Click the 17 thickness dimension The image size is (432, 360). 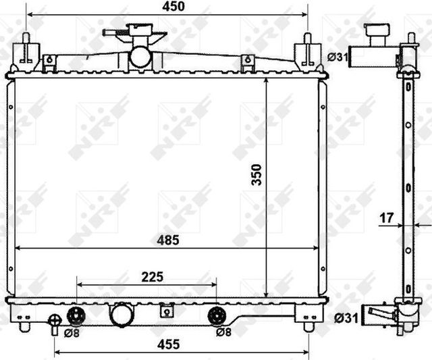(x=386, y=217)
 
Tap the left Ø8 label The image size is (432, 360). (x=72, y=332)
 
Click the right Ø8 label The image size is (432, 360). (x=225, y=332)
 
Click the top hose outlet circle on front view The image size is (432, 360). (x=140, y=56)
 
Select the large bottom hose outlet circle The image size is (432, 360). (x=122, y=315)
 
